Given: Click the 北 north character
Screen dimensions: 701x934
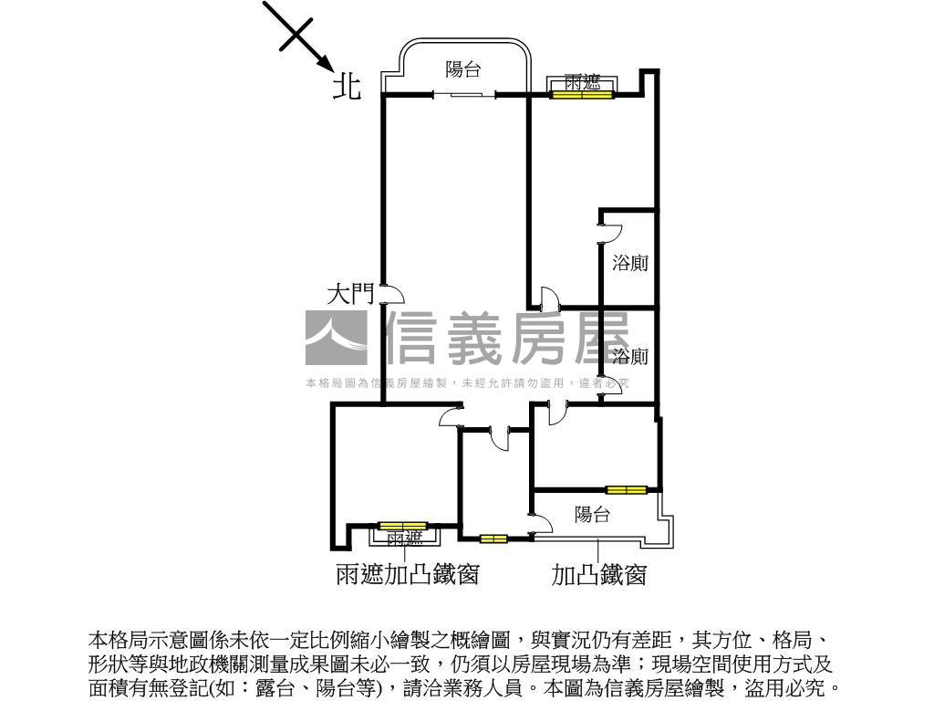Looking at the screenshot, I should pyautogui.click(x=347, y=87).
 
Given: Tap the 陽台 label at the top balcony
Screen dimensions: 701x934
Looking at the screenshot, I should pyautogui.click(x=463, y=69).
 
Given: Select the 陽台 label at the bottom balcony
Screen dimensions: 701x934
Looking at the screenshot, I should pyautogui.click(x=592, y=515).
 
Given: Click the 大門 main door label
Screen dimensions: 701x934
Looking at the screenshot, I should pyautogui.click(x=350, y=294).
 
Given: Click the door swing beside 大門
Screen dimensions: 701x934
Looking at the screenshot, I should pyautogui.click(x=392, y=294).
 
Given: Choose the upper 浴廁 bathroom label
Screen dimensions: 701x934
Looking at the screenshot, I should pyautogui.click(x=630, y=264).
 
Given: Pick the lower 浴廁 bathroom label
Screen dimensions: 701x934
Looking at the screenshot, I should pyautogui.click(x=630, y=356).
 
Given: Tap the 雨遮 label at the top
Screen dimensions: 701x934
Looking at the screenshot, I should pyautogui.click(x=582, y=82).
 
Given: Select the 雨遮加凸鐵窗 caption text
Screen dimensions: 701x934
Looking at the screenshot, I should pyautogui.click(x=408, y=575).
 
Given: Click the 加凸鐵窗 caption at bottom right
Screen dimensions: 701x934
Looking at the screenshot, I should pyautogui.click(x=599, y=575).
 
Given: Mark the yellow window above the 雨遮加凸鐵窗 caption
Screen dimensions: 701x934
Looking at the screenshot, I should pyautogui.click(x=402, y=526).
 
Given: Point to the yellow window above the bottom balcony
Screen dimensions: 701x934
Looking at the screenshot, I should pyautogui.click(x=627, y=490).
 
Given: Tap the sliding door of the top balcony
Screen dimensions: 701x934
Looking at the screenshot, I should pyautogui.click(x=464, y=94).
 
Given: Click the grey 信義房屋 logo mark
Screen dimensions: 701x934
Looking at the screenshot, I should pyautogui.click(x=336, y=339).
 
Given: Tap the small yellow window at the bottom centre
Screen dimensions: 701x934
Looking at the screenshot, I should pyautogui.click(x=493, y=539).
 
